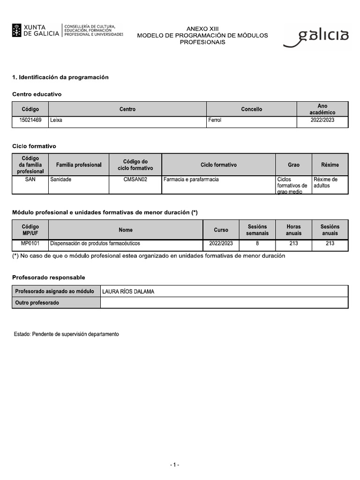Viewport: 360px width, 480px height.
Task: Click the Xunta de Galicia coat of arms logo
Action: [17, 30]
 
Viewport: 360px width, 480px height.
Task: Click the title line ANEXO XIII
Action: [202, 29]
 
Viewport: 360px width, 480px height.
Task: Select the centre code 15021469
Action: [30, 120]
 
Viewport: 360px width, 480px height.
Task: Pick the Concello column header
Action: [252, 109]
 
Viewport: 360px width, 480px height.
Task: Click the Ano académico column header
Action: [322, 109]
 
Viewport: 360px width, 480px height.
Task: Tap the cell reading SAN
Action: [30, 180]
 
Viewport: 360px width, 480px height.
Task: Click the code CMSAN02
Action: [135, 180]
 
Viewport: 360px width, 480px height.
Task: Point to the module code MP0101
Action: [30, 244]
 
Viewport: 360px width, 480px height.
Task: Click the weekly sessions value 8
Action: [257, 244]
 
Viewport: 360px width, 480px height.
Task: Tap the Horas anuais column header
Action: [294, 230]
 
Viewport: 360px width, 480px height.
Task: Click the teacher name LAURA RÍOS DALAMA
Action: [128, 292]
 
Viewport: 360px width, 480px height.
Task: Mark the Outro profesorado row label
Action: [37, 303]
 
